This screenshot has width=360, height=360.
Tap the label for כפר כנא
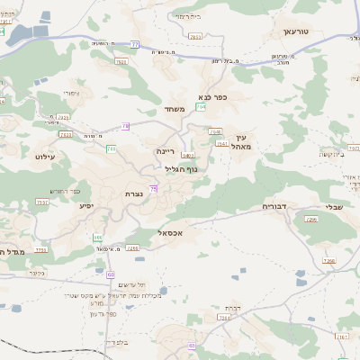213,97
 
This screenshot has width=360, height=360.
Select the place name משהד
175,109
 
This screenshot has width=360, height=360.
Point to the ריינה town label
165,151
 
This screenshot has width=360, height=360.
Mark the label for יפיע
87,206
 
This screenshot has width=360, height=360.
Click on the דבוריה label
274,206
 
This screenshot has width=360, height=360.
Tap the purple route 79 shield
125,127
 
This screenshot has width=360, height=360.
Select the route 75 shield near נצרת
154,188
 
